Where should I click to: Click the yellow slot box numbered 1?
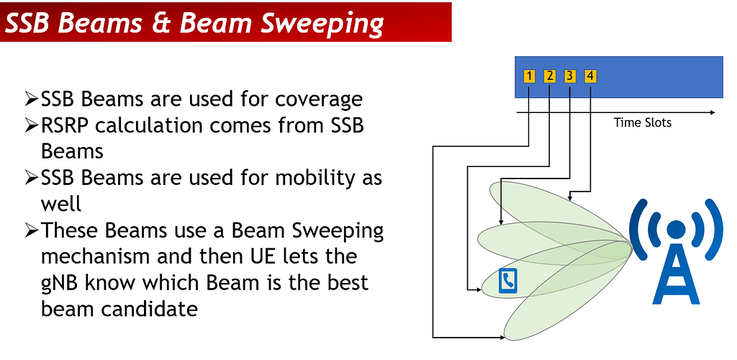point(530,76)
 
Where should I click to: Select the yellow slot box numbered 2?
point(550,76)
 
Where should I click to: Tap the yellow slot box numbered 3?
point(570,76)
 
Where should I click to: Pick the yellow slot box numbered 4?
point(590,76)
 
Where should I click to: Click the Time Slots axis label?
point(642,122)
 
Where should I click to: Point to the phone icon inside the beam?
point(508,280)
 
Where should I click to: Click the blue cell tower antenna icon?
point(674,248)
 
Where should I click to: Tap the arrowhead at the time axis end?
point(712,113)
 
